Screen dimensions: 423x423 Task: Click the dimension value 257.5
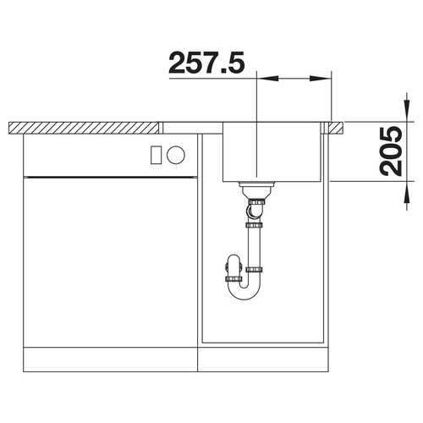click(206, 63)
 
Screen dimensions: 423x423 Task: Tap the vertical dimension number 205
click(391, 151)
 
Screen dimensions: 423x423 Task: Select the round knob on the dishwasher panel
click(176, 155)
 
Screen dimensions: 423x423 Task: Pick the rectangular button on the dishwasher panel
click(156, 155)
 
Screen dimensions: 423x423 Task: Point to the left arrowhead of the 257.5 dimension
click(268, 78)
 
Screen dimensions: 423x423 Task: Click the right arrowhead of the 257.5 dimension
click(320, 78)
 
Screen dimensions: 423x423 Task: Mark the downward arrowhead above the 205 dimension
click(407, 111)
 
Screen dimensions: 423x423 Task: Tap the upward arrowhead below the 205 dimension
click(407, 192)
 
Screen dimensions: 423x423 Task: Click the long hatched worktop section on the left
click(84, 129)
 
